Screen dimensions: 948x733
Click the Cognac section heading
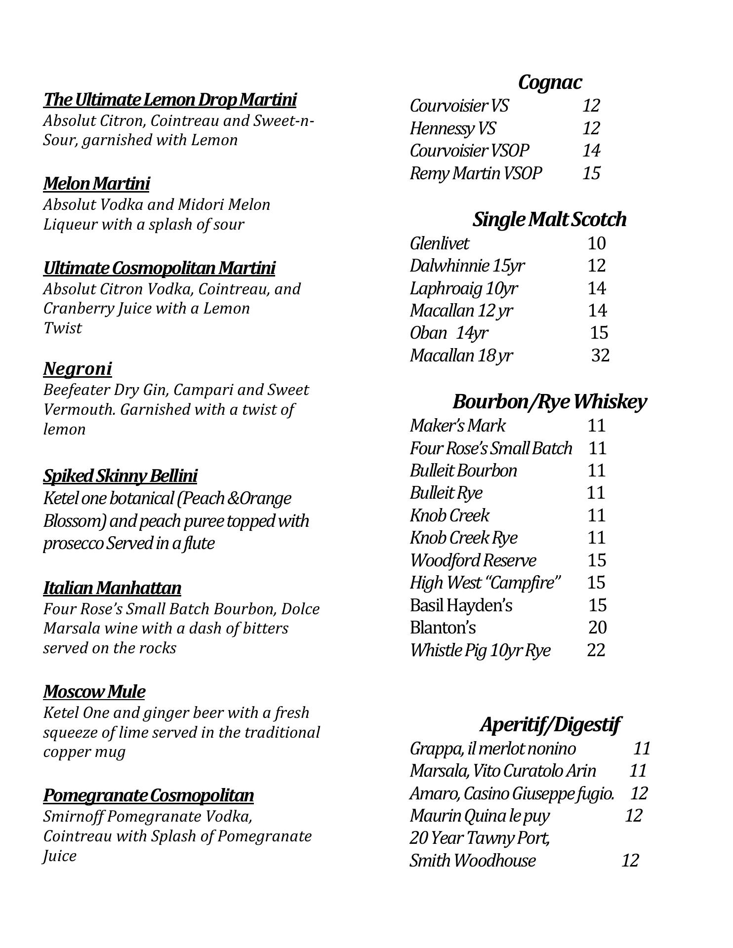coord(550,82)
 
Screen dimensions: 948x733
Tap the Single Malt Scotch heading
coord(549,219)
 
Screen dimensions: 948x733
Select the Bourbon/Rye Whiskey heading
coord(549,402)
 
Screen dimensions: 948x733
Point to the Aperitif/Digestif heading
coord(549,724)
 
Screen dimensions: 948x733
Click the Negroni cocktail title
coord(78,369)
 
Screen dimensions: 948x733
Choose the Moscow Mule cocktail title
coord(94,692)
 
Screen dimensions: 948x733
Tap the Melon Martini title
coord(96,184)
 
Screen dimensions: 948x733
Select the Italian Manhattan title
coord(112,588)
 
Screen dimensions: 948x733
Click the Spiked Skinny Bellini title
coord(120,476)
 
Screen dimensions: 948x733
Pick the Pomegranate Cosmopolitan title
coord(148,795)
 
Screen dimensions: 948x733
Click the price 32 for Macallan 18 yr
coord(600,355)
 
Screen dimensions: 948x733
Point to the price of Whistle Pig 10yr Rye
coord(596,650)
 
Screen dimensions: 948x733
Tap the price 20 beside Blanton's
coord(597,627)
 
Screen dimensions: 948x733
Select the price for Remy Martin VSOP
coord(591,173)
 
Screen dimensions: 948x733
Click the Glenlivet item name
coord(439,243)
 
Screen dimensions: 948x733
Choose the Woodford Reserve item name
coord(473,560)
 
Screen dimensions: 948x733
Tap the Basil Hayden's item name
coord(461,605)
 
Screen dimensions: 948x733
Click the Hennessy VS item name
coord(452,128)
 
